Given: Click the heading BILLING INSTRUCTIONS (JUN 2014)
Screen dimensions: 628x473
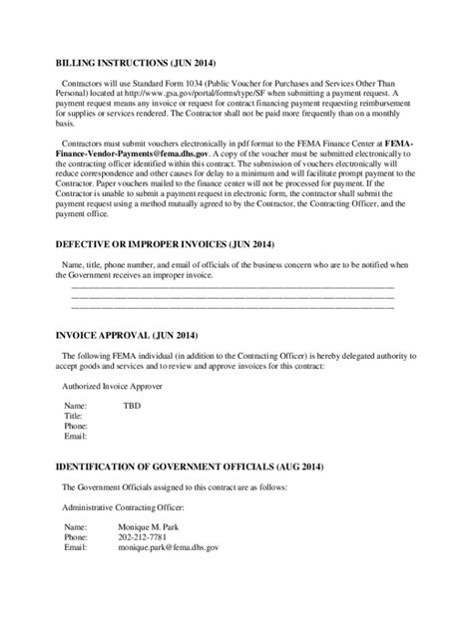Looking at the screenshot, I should (x=140, y=62).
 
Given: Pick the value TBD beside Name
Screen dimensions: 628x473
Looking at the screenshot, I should (x=132, y=407).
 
